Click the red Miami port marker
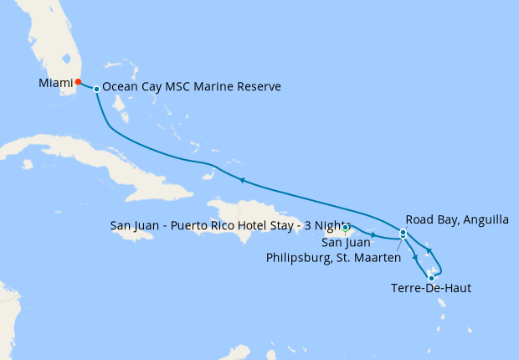pos(78,82)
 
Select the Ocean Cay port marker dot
pos(97,89)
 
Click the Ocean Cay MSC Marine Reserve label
pos(191,87)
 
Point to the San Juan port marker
pos(346,228)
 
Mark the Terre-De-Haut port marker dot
pos(431,278)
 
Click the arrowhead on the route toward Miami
pos(241,180)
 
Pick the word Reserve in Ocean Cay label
pos(256,87)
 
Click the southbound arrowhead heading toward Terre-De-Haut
pos(416,257)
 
